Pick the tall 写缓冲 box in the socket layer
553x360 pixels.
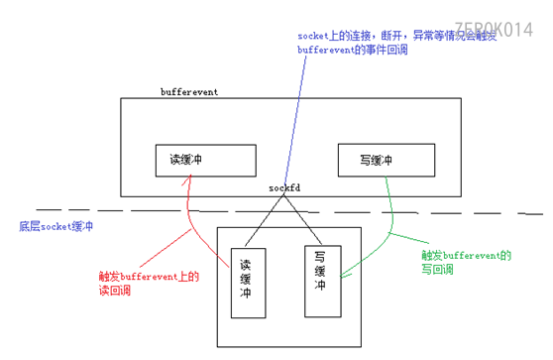(x=321, y=281)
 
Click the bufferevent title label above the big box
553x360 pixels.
(x=188, y=91)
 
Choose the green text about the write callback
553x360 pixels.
(x=466, y=261)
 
